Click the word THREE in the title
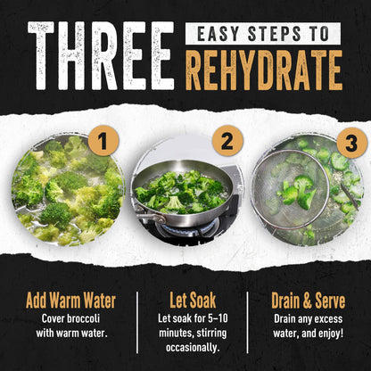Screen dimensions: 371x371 pos(101,55)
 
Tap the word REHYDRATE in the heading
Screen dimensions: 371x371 pos(264,70)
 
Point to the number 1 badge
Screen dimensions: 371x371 pos(103,142)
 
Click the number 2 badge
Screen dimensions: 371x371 pos(227,141)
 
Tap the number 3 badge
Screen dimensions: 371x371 pos(351,144)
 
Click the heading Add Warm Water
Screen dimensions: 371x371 pos(70,301)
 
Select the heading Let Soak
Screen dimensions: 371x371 pos(193,301)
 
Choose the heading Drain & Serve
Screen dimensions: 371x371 pos(308,301)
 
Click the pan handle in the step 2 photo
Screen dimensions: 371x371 pos(150,215)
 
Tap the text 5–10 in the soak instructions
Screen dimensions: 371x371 pos(218,318)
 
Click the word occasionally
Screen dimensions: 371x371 pos(193,348)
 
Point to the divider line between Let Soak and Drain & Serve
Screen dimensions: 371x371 pos(247,323)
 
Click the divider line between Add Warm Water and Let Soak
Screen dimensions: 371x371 pos(137,323)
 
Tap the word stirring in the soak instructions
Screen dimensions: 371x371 pos(210,334)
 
